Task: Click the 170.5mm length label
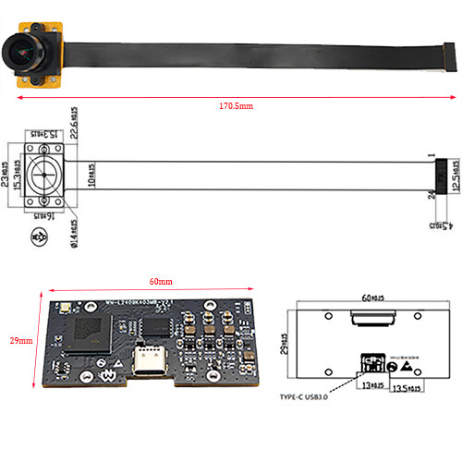(237, 106)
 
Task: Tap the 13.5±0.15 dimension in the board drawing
(407, 388)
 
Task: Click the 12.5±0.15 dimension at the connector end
(456, 175)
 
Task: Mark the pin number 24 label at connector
(431, 194)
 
